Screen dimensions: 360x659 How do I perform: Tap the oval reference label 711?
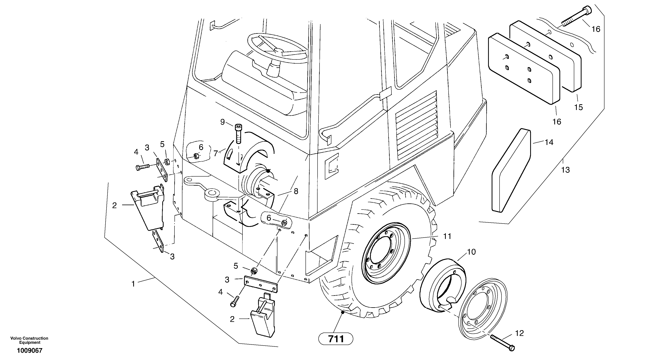336,339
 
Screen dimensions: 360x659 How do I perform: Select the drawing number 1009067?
30,351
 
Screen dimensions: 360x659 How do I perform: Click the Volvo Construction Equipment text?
29,340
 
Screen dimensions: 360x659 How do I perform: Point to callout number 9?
222,122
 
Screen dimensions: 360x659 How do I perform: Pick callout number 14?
549,142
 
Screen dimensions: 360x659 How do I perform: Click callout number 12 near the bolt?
519,333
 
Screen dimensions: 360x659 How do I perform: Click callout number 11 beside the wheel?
447,236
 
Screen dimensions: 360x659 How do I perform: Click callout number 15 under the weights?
578,107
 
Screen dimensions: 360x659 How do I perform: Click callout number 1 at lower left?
133,284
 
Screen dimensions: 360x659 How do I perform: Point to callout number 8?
296,191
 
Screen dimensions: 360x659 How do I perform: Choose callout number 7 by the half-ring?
216,153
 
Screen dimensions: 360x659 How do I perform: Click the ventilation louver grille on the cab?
416,125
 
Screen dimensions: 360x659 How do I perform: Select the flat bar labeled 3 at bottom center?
260,284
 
